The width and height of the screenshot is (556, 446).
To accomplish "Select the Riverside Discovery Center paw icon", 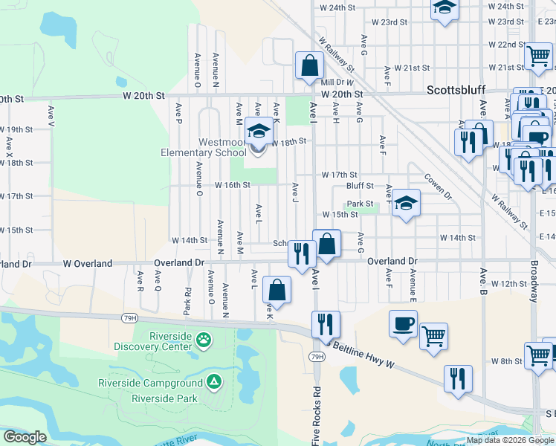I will coord(203,340).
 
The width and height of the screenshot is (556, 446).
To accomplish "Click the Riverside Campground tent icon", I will coord(213,382).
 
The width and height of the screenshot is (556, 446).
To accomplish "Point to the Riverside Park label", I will coord(164,398).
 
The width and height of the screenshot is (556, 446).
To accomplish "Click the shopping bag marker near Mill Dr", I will coord(308,65).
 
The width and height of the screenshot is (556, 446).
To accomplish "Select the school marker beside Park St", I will coord(406,202).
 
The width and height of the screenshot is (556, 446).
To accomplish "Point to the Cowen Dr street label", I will coord(439,187).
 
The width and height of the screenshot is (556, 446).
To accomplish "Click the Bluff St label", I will coord(360,186).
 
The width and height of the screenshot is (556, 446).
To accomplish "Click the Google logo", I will coord(25,437).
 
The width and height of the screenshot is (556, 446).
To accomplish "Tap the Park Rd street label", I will coord(187,300).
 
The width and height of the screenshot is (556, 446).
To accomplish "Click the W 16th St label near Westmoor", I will coord(231,185).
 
